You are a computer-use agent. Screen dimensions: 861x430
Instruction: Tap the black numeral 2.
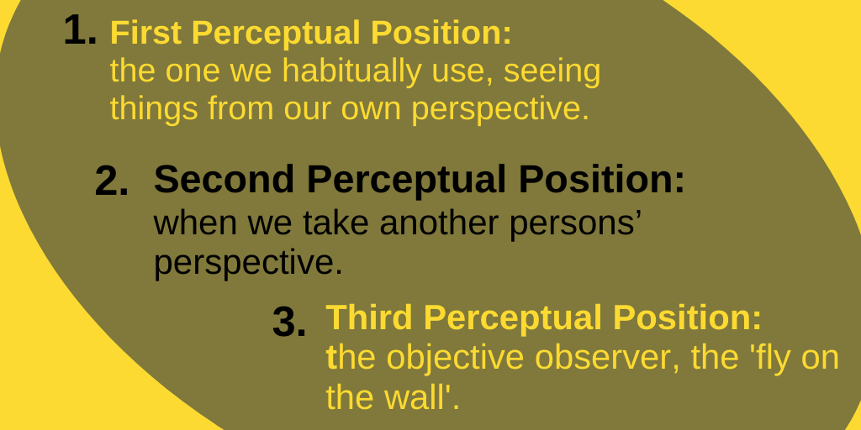(x=112, y=181)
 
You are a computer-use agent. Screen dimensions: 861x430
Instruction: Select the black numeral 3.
(x=289, y=322)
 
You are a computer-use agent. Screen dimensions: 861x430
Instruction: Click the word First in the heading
(x=145, y=33)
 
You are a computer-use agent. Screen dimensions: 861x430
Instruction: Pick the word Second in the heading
(x=224, y=180)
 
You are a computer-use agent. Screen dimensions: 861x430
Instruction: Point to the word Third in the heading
(x=369, y=317)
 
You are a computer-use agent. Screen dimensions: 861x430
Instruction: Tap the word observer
(x=609, y=358)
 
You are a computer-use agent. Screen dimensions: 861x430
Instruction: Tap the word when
(x=195, y=223)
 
